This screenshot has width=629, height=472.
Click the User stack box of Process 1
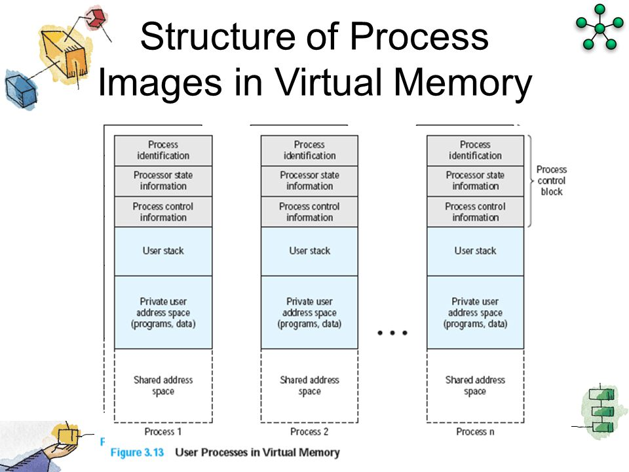pos(163,251)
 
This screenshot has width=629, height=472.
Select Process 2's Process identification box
pos(309,150)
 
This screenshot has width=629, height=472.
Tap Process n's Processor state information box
pos(475,181)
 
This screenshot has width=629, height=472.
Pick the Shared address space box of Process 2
pos(309,385)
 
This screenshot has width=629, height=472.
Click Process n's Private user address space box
pos(475,313)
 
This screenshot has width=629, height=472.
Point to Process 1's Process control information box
pos(163,212)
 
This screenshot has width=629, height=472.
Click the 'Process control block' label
pos(552,180)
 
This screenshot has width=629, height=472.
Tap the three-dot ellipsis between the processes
pos(392,333)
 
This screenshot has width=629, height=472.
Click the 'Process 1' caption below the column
pos(163,431)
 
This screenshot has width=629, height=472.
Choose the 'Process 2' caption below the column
pos(309,431)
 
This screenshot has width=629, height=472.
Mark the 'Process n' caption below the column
pos(475,431)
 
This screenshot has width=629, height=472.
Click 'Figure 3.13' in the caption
pos(136,452)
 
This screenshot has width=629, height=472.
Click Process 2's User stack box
pos(309,251)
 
